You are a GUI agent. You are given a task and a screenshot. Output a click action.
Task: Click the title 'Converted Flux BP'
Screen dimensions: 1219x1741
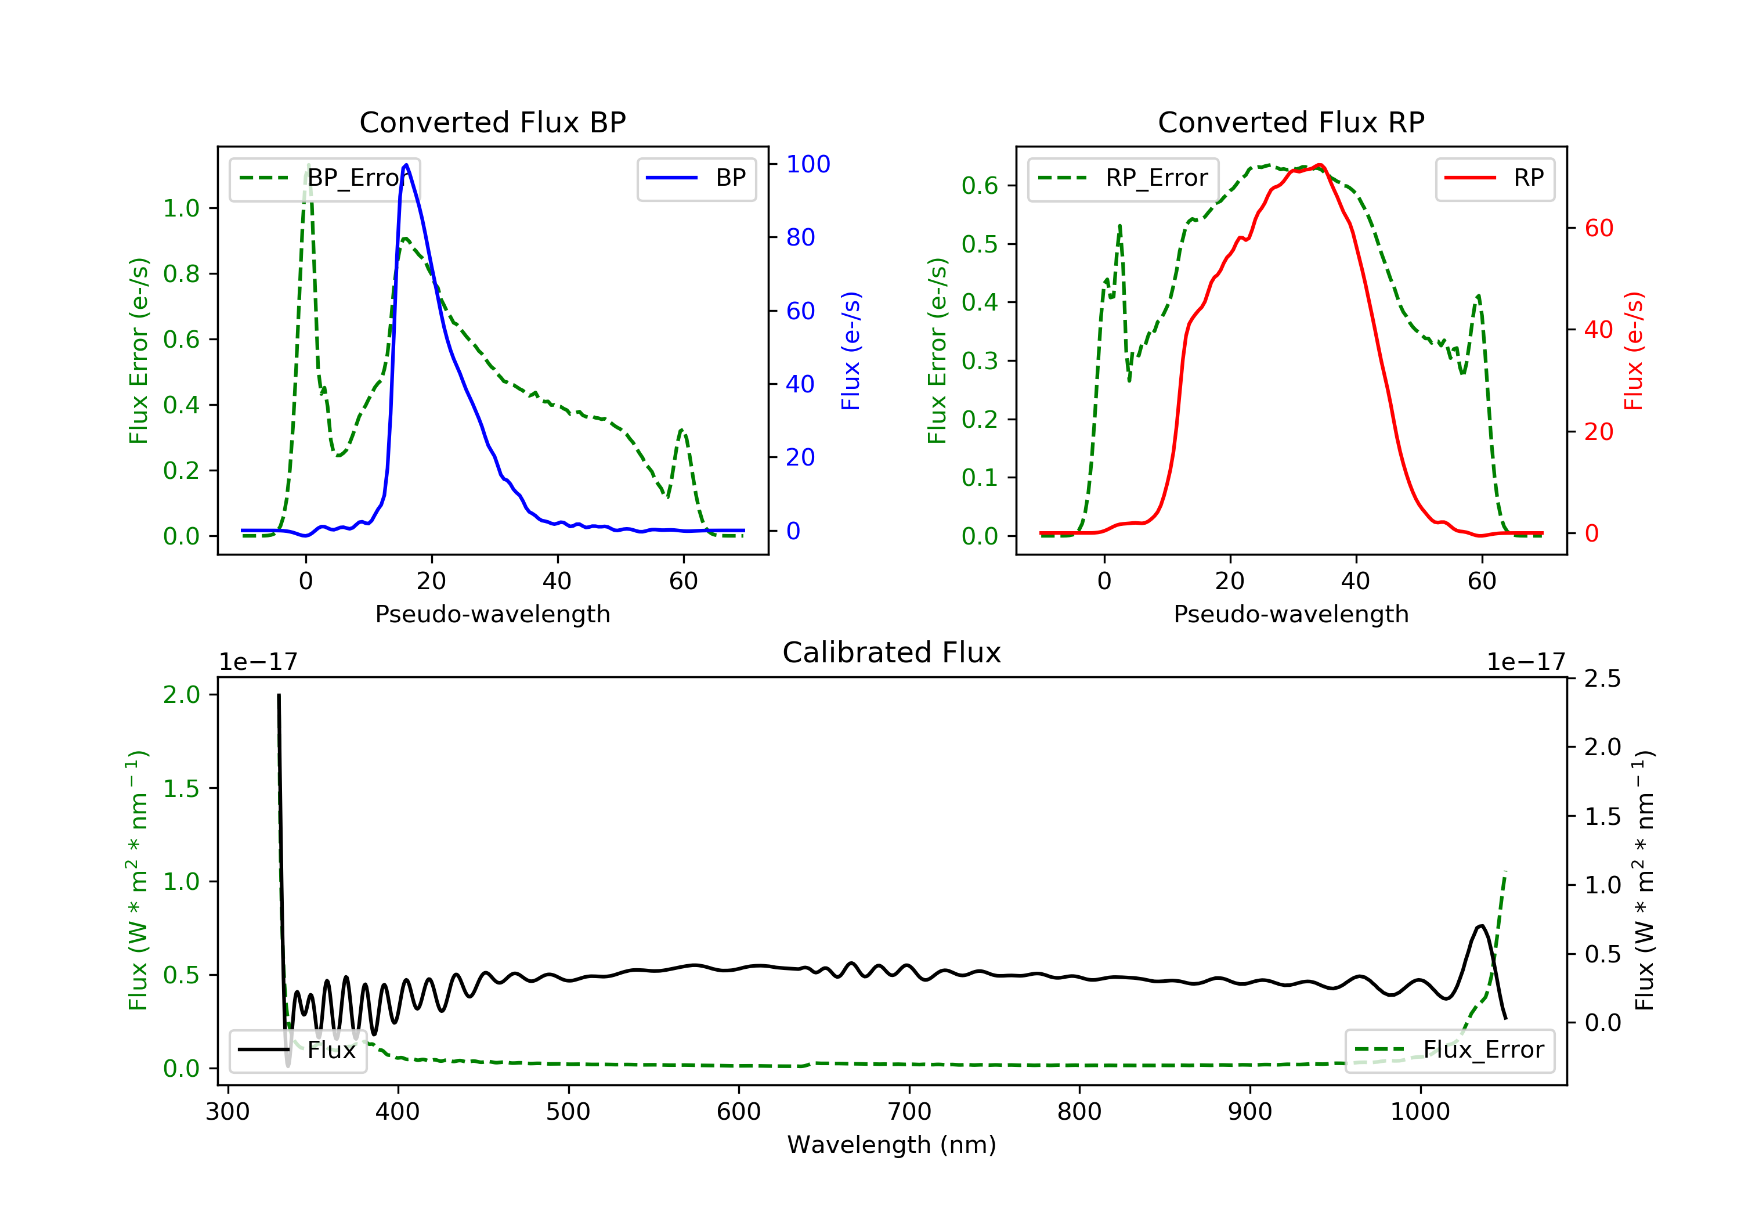[x=492, y=122]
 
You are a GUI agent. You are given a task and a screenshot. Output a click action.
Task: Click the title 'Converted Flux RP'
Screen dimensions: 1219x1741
[x=1291, y=122]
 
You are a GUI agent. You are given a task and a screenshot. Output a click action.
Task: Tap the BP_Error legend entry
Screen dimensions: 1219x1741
[x=324, y=178]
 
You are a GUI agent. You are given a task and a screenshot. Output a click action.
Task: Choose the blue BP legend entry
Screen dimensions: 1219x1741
[x=696, y=178]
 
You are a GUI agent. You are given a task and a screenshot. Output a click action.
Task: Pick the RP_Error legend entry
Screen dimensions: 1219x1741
[x=1123, y=178]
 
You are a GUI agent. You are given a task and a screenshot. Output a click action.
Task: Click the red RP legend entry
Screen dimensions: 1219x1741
[x=1494, y=178]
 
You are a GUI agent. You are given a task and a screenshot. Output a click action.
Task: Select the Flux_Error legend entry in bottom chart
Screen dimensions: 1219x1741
[x=1449, y=1050]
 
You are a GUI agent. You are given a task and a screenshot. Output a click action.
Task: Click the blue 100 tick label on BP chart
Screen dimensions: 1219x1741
[x=808, y=164]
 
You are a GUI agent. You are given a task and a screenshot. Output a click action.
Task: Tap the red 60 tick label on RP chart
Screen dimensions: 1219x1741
[x=1598, y=228]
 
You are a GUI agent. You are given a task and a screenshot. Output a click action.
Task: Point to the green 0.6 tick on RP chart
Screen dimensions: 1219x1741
[x=979, y=186]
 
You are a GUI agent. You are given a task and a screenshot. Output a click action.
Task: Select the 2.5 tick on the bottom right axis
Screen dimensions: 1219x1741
[x=1602, y=678]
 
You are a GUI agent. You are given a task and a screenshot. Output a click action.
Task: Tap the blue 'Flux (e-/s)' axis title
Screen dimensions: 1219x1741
[x=851, y=351]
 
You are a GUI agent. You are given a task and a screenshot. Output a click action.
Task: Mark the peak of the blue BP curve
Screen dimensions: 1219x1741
[x=406, y=165]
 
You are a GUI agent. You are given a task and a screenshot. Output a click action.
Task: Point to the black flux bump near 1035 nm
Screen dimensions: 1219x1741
[x=1480, y=926]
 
